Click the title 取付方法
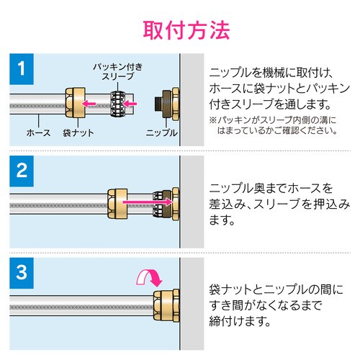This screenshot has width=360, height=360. [186, 30]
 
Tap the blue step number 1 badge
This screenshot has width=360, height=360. [22, 69]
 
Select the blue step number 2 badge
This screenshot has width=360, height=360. [22, 171]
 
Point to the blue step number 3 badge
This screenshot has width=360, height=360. [22, 273]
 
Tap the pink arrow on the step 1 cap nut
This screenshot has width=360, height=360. [89, 103]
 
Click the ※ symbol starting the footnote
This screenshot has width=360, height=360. [212, 120]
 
